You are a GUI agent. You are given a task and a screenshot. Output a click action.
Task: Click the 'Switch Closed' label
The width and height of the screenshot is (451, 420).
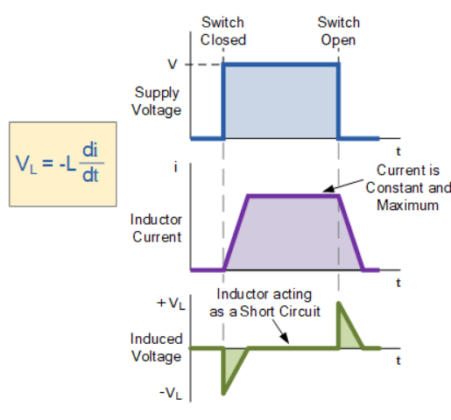tap(223, 31)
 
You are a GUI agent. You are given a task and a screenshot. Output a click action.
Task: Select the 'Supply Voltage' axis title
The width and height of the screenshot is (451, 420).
tap(158, 101)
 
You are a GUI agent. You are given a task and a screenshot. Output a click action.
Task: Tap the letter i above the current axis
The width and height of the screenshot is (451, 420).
tap(178, 165)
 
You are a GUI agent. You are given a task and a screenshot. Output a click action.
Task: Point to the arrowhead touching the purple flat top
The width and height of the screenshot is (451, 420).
tap(326, 190)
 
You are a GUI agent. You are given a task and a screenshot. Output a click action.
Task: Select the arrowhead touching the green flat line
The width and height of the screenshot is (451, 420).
tap(285, 344)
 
